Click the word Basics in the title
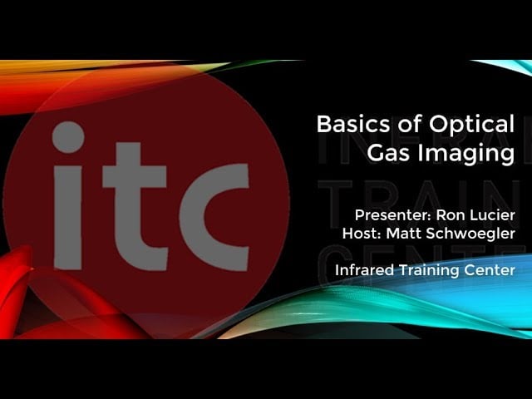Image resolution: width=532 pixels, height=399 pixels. pyautogui.click(x=353, y=124)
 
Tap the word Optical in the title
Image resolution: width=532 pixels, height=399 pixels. pyautogui.click(x=472, y=124)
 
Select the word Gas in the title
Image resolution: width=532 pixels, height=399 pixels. pyautogui.click(x=389, y=153)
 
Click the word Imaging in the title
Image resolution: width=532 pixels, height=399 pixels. pyautogui.click(x=466, y=153)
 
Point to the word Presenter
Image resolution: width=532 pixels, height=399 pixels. pyautogui.click(x=392, y=215)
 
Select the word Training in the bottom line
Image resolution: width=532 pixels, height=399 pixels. pyautogui.click(x=429, y=271)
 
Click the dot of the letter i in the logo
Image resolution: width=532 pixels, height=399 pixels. pyautogui.click(x=68, y=137)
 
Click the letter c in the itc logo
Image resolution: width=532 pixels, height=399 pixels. pyautogui.click(x=214, y=217)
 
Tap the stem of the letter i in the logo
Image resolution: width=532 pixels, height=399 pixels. pyautogui.click(x=68, y=218)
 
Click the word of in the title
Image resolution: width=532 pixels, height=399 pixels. pyautogui.click(x=410, y=124)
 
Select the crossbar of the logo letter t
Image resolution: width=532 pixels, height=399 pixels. pyautogui.click(x=135, y=176)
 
